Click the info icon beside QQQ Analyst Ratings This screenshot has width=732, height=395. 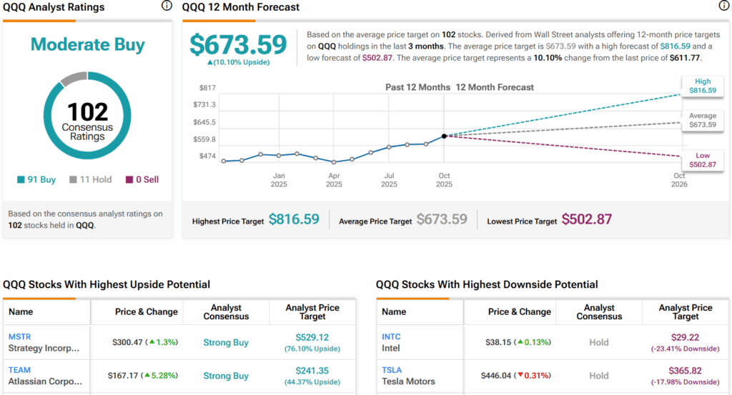[x=167, y=6]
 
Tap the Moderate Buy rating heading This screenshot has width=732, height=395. [x=88, y=44]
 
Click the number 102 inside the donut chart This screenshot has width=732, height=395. [x=88, y=112]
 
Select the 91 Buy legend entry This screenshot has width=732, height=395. [x=37, y=180]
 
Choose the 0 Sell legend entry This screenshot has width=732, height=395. [x=142, y=180]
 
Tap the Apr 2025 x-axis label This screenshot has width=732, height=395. [x=334, y=179]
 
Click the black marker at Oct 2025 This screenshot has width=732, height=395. [x=444, y=136]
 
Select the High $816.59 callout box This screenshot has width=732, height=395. [x=699, y=86]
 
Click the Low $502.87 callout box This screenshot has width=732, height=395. [x=699, y=160]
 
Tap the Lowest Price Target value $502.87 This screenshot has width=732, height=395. [x=587, y=219]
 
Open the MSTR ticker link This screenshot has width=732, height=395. [x=20, y=336]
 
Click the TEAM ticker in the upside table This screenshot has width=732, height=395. [x=19, y=370]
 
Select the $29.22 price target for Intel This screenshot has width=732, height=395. [x=685, y=337]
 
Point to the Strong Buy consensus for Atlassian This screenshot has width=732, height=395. [x=226, y=376]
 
